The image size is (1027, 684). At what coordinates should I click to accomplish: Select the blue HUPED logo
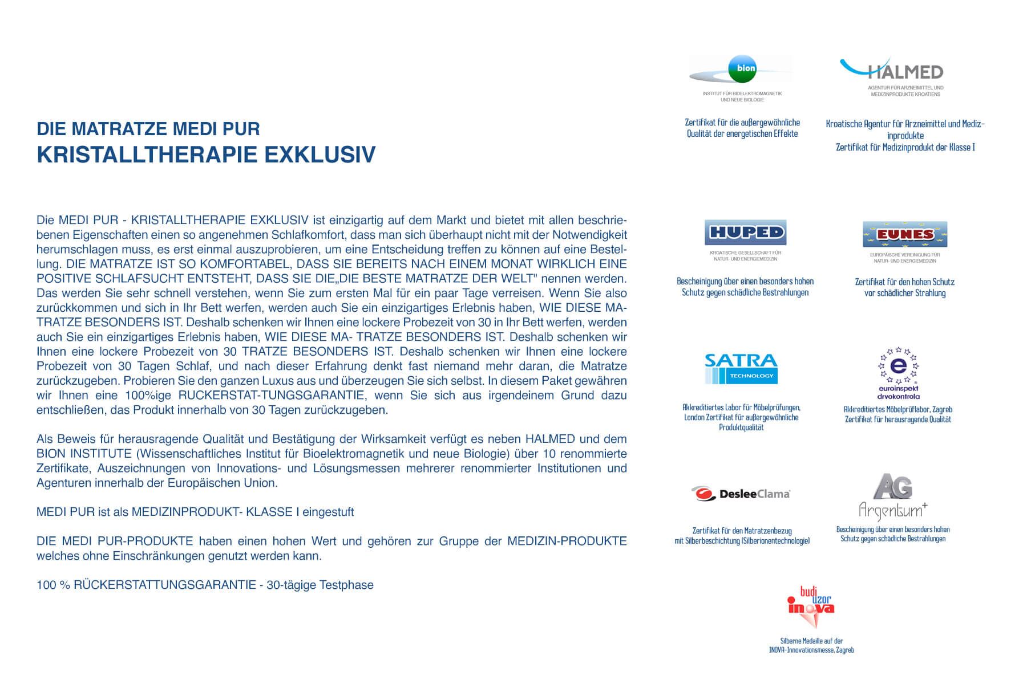click(x=737, y=232)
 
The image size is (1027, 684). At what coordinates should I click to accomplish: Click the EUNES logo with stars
click(x=905, y=234)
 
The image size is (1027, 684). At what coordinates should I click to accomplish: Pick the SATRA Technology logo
click(x=741, y=368)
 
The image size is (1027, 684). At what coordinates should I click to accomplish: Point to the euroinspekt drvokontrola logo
click(x=898, y=373)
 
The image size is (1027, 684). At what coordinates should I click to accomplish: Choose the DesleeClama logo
click(x=741, y=494)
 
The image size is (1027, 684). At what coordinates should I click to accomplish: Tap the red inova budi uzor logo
click(x=810, y=606)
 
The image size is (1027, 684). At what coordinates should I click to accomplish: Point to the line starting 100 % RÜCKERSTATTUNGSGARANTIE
click(x=205, y=585)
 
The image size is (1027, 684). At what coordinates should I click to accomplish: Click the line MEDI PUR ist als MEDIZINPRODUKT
click(x=195, y=512)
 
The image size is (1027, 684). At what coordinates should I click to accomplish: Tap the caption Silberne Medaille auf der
click(x=811, y=641)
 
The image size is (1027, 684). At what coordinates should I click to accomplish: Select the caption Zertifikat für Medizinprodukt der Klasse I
click(x=905, y=148)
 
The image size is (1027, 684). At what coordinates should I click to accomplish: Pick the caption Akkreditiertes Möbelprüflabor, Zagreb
click(x=898, y=409)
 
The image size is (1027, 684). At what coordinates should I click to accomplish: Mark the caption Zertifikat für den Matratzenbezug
click(x=742, y=531)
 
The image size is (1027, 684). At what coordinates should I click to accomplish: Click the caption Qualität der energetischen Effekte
click(x=742, y=134)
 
